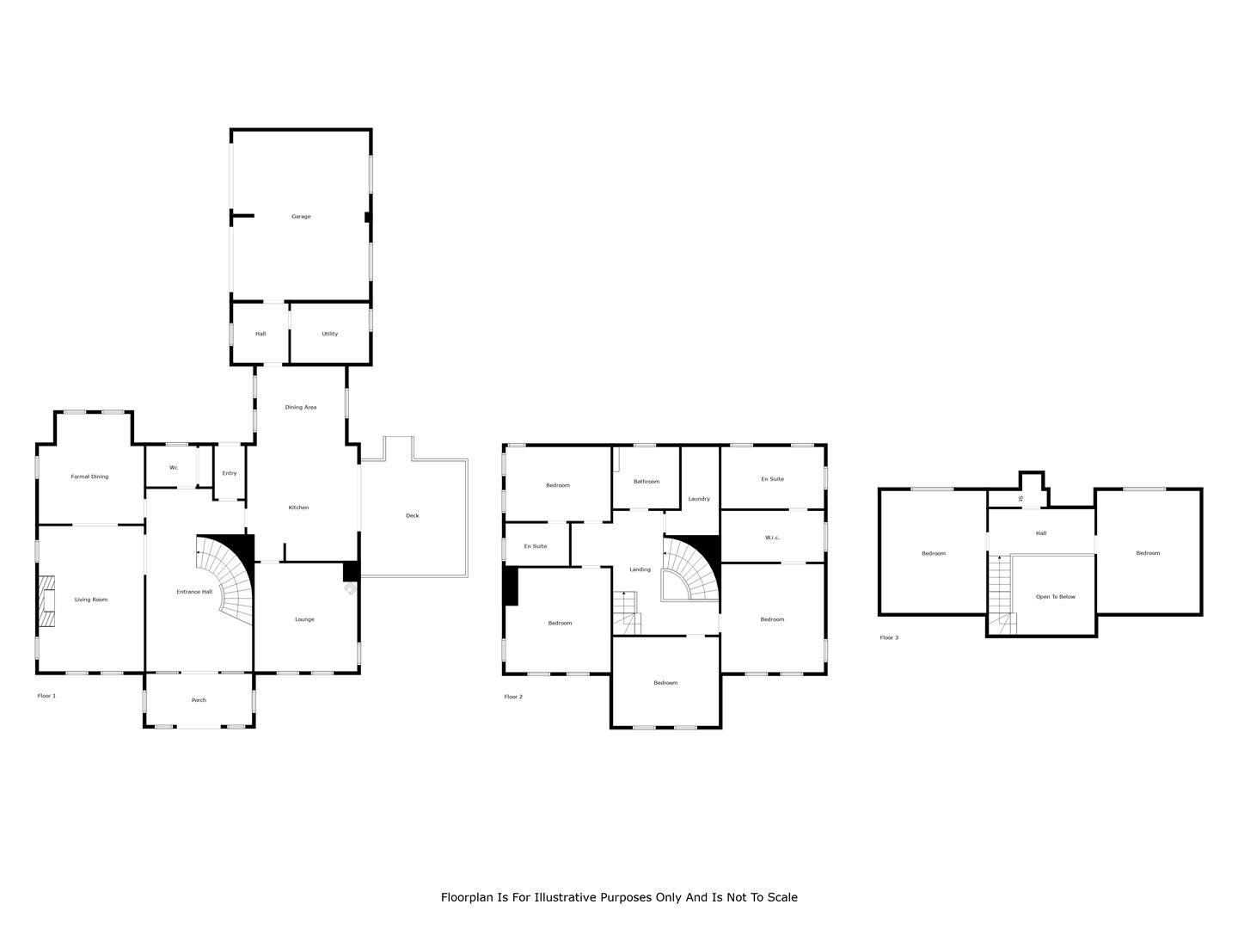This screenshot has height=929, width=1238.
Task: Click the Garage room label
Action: [x=301, y=216]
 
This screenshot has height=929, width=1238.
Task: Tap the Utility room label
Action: [x=330, y=334]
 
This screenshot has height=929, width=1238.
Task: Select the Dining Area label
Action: [x=301, y=407]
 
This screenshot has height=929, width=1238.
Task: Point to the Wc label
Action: [x=174, y=468]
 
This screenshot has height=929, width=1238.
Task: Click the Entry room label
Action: [x=230, y=473]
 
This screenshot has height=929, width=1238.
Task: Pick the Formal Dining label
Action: [x=89, y=476]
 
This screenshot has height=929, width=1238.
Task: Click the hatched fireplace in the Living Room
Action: [x=46, y=600]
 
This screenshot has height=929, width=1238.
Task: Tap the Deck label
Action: [x=413, y=515]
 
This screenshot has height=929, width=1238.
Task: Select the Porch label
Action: [x=199, y=699]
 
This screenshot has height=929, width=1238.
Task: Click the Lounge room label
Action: [x=304, y=618]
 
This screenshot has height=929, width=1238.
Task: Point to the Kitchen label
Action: [x=298, y=508]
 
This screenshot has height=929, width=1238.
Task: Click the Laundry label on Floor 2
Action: [x=699, y=499]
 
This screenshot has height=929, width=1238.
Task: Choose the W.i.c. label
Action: [x=772, y=538]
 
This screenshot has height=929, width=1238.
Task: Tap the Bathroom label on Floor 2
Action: [x=647, y=481]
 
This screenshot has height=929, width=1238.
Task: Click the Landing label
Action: [x=640, y=569]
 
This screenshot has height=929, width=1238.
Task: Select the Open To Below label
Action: [x=1055, y=596]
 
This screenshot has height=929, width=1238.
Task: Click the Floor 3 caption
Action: [x=889, y=637]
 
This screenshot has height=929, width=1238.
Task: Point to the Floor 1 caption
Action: [x=46, y=696]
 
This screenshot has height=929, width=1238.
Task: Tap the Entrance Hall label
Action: [x=194, y=591]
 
